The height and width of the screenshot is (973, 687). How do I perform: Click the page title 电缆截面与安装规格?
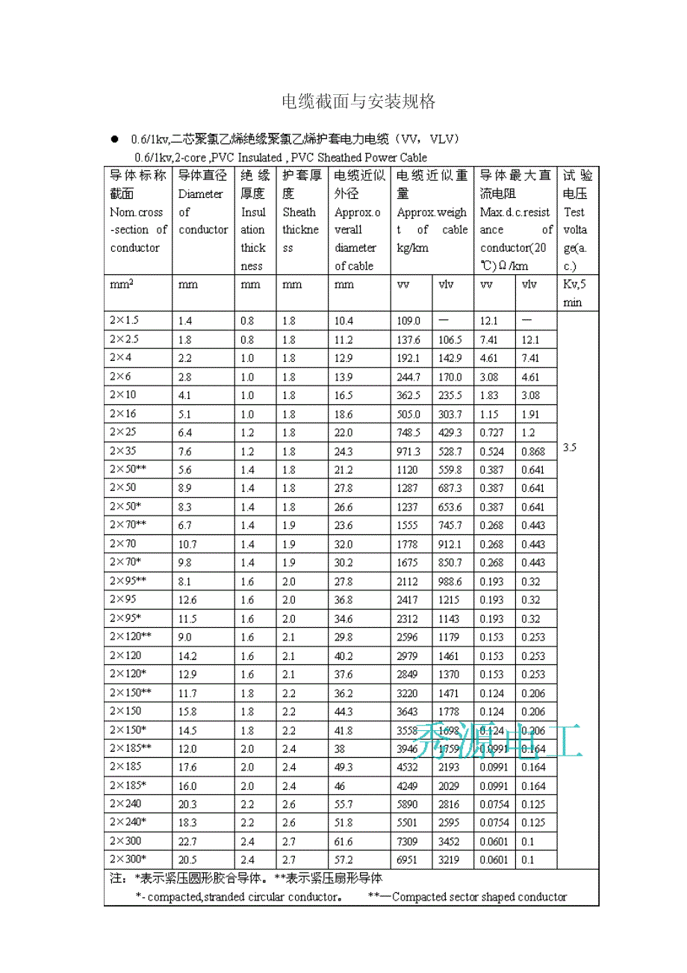(x=358, y=102)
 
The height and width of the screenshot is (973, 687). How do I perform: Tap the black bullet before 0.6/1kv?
(x=115, y=139)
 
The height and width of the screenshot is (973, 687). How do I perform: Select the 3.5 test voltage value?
(x=570, y=448)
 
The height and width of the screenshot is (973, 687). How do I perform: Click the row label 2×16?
(x=124, y=413)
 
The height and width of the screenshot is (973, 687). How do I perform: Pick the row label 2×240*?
(x=128, y=822)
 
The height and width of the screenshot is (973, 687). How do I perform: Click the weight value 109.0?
(x=408, y=321)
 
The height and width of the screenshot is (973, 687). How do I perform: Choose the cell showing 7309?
(x=408, y=841)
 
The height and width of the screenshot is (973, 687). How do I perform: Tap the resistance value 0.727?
(x=492, y=433)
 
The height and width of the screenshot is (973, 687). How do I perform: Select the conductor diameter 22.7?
(x=187, y=841)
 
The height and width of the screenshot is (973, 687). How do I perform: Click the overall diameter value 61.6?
(x=344, y=841)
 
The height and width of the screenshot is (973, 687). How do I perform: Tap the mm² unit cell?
(x=122, y=285)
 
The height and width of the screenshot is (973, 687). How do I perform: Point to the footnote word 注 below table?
(x=116, y=879)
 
